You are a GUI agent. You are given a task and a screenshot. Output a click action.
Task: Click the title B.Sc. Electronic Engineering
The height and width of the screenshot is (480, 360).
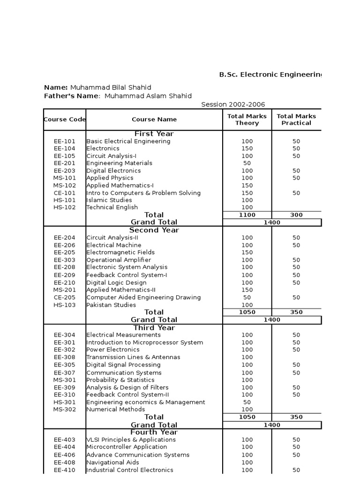click(x=271, y=75)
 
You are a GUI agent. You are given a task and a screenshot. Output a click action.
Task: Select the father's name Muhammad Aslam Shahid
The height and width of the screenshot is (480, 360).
click(x=148, y=96)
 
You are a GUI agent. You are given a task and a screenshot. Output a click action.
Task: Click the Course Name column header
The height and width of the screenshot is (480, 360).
click(x=154, y=120)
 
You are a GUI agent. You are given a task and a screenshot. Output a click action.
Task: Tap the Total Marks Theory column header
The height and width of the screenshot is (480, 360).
click(x=247, y=120)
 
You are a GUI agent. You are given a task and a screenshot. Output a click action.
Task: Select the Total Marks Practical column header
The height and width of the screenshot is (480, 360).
click(x=296, y=120)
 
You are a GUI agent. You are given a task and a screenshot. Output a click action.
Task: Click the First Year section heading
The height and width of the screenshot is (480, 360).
click(x=154, y=134)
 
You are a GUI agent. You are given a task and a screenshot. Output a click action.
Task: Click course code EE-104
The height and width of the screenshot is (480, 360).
click(x=64, y=149)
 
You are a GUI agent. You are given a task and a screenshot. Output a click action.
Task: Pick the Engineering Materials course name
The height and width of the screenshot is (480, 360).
click(x=119, y=163)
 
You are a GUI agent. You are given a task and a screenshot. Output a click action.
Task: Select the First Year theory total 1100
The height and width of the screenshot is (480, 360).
click(x=247, y=215)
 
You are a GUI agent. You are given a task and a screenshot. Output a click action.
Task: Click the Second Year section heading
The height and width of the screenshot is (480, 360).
click(x=154, y=230)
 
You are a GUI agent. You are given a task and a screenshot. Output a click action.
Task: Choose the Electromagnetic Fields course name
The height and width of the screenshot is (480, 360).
click(x=120, y=252)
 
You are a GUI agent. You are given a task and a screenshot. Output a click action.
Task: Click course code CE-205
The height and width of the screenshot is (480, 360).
click(x=64, y=297)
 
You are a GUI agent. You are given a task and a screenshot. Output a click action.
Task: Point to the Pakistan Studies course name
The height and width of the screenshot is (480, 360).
click(x=111, y=305)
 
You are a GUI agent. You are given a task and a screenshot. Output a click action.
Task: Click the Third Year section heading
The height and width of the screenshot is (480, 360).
click(x=154, y=328)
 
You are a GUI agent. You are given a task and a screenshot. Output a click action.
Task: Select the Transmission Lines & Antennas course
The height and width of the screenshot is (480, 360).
click(x=133, y=357)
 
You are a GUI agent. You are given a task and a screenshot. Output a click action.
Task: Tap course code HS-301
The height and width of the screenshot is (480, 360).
click(x=64, y=402)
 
